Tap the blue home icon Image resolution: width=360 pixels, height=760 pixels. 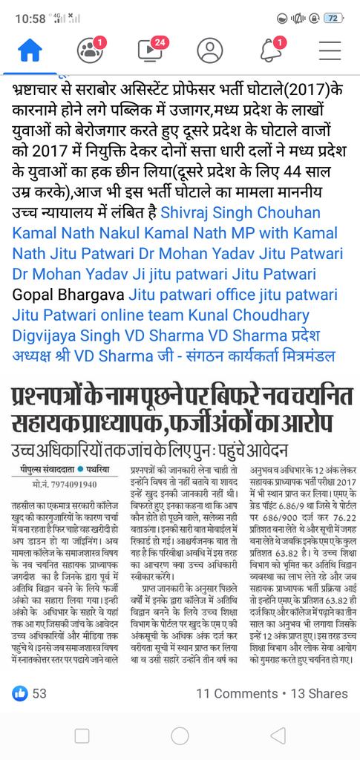(30, 50)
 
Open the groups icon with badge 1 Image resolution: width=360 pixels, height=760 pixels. (91, 50)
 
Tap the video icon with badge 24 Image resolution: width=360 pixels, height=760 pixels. (150, 50)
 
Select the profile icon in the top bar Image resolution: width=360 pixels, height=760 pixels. (210, 50)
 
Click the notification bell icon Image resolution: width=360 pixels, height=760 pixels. (270, 50)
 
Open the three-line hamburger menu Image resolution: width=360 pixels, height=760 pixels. (330, 50)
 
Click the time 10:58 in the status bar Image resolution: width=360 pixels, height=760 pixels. (30, 17)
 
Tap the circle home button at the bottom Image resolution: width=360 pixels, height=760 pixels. (180, 736)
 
